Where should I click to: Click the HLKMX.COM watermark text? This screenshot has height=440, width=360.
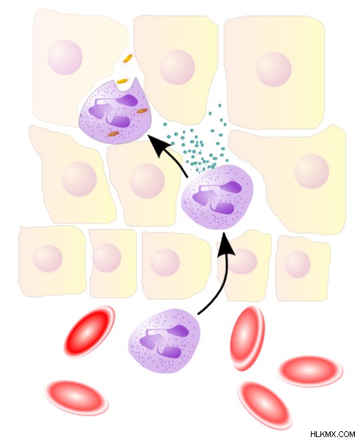coord(332,434)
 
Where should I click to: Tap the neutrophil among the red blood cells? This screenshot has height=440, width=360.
coord(164,341)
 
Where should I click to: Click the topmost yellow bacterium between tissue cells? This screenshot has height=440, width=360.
coord(128,59)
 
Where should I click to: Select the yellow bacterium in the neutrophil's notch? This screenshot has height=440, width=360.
coord(122,81)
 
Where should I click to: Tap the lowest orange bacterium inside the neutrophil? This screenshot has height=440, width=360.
coord(114,134)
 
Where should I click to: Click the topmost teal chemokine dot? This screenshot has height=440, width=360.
coord(220,106)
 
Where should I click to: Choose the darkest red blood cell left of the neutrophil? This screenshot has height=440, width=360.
coord(89,331)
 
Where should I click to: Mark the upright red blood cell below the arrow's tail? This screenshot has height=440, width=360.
coord(247,338)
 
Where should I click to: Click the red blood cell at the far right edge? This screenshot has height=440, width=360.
coord(310,371)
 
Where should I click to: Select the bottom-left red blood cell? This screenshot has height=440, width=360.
coord(76,397)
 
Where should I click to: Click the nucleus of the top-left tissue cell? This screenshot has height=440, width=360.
coord(65,57)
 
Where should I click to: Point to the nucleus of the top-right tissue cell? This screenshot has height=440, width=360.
coord(273,69)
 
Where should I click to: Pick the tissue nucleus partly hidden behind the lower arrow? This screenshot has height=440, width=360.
coord(241,261)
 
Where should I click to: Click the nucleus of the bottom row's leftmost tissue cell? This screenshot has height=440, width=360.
coord(48,258)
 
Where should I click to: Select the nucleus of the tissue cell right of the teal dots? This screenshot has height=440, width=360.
coord(312,171)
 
